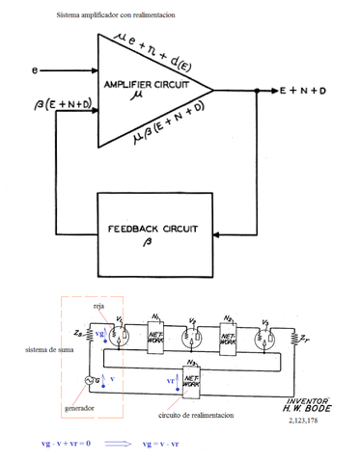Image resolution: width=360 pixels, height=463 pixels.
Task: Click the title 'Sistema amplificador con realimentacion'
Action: click(x=116, y=16)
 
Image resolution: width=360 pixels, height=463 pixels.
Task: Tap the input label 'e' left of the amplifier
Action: click(x=35, y=70)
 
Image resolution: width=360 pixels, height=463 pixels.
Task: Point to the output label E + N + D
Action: click(x=303, y=91)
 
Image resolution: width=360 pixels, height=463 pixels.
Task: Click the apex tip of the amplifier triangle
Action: click(x=213, y=91)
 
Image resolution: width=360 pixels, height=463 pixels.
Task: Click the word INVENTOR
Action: click(x=307, y=399)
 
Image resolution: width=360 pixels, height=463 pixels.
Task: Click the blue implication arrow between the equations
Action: click(x=121, y=444)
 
